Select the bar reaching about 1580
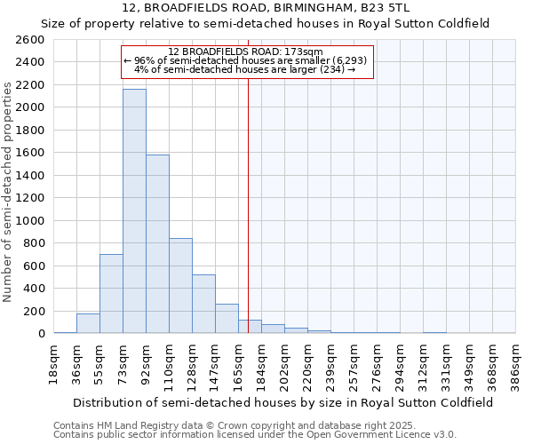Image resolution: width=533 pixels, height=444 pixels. click(157, 244)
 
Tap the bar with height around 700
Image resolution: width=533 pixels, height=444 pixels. click(111, 294)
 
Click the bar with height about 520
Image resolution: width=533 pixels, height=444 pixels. click(203, 304)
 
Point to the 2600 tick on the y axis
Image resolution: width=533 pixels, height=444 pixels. click(30, 40)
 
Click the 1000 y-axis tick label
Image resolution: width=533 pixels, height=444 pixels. click(30, 221)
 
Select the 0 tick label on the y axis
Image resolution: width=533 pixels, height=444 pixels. click(41, 334)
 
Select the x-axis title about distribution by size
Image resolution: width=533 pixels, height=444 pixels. click(284, 402)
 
